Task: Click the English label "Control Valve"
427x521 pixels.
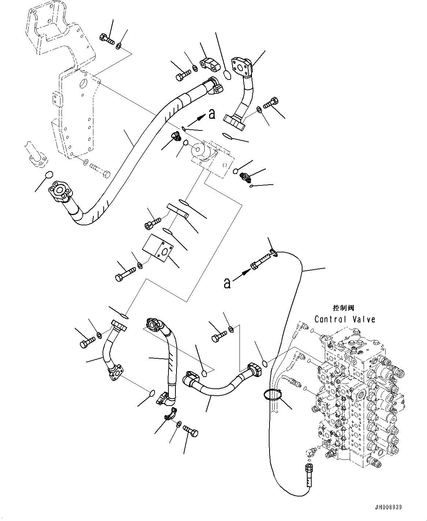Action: (345, 319)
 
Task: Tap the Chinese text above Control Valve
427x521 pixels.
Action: (344, 308)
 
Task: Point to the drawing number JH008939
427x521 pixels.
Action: (388, 507)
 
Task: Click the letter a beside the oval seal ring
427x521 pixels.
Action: (211, 115)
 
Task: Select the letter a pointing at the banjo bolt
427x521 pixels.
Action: (227, 283)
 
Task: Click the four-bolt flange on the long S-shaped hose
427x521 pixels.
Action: (59, 190)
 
